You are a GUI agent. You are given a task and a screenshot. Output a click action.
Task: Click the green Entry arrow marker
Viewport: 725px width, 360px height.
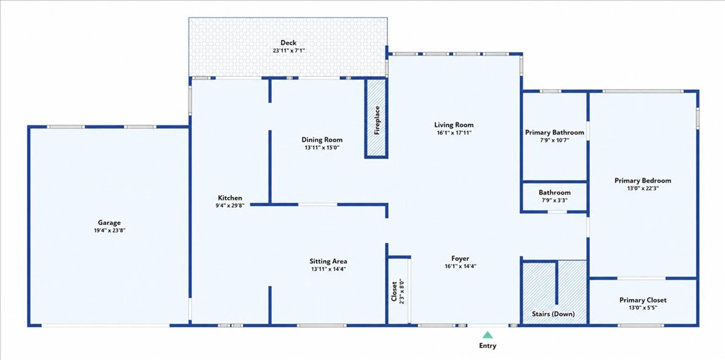(x=487, y=335)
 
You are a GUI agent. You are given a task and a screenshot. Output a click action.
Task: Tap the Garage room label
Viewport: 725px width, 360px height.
(x=109, y=223)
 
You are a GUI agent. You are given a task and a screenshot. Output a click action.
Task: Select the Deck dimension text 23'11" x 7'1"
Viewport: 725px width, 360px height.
(x=288, y=51)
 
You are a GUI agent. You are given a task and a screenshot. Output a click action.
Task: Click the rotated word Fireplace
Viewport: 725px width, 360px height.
(x=377, y=120)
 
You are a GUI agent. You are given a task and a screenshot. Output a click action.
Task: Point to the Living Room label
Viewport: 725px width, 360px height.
(x=454, y=125)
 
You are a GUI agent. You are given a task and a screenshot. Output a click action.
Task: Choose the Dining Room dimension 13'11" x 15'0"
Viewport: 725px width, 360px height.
(x=322, y=148)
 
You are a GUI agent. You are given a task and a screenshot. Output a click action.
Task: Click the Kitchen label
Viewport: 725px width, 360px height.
(x=230, y=198)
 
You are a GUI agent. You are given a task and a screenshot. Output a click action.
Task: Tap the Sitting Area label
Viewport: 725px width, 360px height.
(x=328, y=261)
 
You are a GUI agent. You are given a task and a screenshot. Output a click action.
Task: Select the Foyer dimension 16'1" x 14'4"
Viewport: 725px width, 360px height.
(x=460, y=266)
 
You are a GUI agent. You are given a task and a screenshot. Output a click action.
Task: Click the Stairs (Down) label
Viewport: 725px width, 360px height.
(x=553, y=314)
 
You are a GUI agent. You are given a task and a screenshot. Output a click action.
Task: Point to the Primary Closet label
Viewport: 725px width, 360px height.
(x=643, y=300)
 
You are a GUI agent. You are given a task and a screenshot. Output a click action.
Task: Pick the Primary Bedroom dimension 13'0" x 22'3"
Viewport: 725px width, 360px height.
(x=643, y=188)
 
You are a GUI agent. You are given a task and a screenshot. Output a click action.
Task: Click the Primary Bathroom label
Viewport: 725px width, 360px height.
(x=554, y=132)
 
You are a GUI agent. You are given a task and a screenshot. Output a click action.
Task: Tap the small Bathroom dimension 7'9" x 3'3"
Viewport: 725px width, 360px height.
(x=554, y=200)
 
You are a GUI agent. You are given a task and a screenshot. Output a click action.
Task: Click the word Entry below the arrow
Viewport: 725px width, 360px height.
(x=487, y=346)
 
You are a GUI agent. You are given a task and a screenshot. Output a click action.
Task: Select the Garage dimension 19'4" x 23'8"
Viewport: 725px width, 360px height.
(x=110, y=230)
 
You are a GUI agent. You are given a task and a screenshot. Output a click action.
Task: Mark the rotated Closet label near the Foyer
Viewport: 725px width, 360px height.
(x=394, y=291)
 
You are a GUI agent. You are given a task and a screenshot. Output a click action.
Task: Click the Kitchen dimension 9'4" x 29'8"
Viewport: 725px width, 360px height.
(x=230, y=206)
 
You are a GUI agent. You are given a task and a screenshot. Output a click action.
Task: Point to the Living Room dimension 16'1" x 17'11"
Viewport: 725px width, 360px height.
(x=454, y=133)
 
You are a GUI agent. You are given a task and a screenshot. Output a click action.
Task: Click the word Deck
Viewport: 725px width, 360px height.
(x=288, y=43)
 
